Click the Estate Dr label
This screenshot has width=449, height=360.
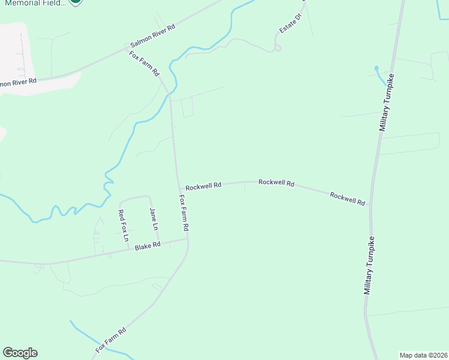[289, 23]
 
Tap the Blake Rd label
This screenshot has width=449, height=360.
[148, 246]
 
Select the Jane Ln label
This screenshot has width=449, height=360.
[153, 219]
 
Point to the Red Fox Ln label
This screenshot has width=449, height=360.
[124, 226]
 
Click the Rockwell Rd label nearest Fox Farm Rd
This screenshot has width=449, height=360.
[203, 187]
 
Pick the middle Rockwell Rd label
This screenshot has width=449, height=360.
[276, 182]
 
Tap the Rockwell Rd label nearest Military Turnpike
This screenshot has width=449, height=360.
[348, 199]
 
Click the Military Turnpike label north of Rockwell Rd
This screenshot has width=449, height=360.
[387, 103]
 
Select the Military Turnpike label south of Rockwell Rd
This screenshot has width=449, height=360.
[370, 265]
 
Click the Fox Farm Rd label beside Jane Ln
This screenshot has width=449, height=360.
[184, 213]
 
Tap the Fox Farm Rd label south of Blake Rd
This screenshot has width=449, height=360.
[110, 340]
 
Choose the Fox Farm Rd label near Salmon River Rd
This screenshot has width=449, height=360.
[144, 63]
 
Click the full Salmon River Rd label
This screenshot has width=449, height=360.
[153, 37]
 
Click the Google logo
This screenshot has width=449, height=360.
[20, 353]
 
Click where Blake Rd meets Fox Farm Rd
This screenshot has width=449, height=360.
[188, 239]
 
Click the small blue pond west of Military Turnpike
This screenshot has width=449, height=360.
[376, 68]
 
